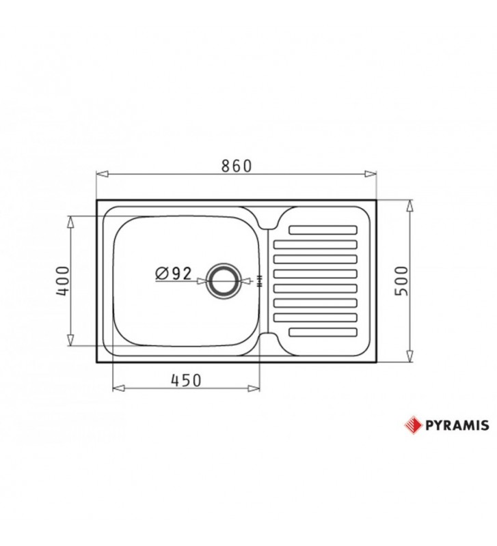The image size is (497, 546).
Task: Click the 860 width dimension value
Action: click(x=237, y=166)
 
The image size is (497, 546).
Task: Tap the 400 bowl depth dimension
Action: click(x=62, y=281)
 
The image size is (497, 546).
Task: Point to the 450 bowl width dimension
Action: click(x=186, y=381)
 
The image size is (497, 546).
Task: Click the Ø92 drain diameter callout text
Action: click(x=173, y=273)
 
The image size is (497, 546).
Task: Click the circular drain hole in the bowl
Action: click(x=223, y=281)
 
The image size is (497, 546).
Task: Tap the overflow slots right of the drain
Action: click(x=259, y=281)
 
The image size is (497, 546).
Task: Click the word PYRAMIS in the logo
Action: click(x=457, y=425)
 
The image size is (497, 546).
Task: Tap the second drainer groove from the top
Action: click(x=315, y=244)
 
